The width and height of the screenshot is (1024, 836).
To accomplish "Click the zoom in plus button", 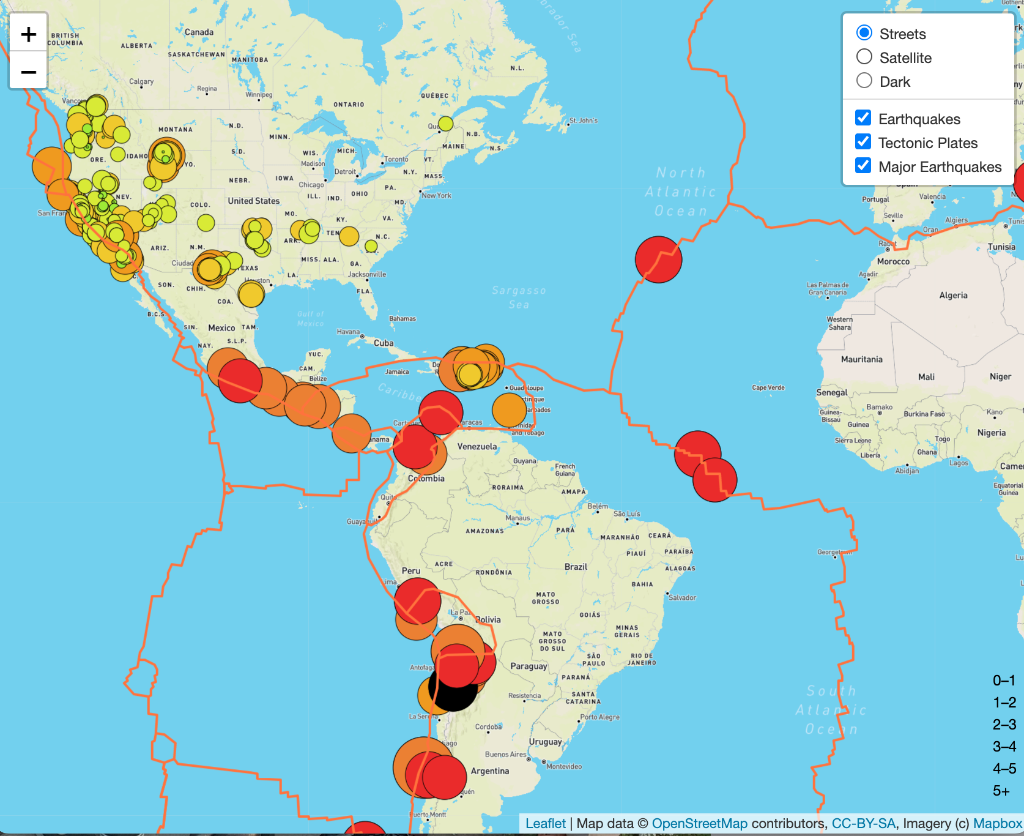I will point(28,34).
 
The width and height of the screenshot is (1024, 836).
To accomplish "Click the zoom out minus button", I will point(28,72).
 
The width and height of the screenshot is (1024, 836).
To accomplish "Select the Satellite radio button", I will point(864,57).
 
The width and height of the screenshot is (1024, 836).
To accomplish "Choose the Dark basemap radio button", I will point(864,81).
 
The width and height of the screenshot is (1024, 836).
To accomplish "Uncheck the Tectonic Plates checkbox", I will point(863,142).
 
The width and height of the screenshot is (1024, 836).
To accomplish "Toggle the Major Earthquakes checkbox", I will point(863,166).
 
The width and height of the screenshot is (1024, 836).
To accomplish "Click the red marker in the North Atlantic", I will point(658,259).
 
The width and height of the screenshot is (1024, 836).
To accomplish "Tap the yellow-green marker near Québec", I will point(446,124).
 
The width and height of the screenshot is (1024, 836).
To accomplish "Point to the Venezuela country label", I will point(477,447).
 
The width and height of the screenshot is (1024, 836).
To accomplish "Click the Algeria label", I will point(953,296).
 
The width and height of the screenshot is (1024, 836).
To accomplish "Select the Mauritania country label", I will point(861,360).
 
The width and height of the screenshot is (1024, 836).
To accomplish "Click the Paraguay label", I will point(529,666).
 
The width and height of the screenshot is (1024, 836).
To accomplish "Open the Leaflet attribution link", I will point(545,824).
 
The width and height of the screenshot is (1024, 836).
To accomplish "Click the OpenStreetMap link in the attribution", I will point(699,824).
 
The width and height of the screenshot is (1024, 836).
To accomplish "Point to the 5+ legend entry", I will point(1001,791).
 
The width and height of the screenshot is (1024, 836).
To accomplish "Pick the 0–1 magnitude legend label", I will point(1004,681).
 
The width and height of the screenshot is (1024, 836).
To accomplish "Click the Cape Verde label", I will point(768,387).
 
